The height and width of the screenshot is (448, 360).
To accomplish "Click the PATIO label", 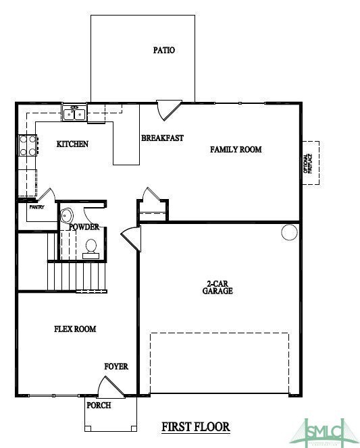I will (163, 50).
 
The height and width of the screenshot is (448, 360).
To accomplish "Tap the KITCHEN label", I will (72, 144).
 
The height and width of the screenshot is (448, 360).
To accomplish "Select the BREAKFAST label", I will (162, 138).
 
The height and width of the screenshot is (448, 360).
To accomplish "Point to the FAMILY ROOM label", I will (236, 149).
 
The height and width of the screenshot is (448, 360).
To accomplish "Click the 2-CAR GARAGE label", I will (217, 287).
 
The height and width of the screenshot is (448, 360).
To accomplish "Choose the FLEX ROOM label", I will (75, 329).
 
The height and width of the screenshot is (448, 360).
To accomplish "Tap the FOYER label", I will (115, 366).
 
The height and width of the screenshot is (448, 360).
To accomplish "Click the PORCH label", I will (99, 405).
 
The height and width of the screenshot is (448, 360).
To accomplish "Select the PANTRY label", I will (36, 207).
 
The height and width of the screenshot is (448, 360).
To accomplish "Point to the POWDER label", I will (84, 227).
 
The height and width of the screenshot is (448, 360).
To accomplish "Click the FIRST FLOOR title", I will (196, 426).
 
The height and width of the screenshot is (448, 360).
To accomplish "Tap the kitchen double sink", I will (74, 113).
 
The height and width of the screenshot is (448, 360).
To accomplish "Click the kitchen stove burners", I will (28, 146).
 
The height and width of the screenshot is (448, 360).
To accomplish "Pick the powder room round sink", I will (66, 216).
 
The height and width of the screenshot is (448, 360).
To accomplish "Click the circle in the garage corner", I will (289, 233).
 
